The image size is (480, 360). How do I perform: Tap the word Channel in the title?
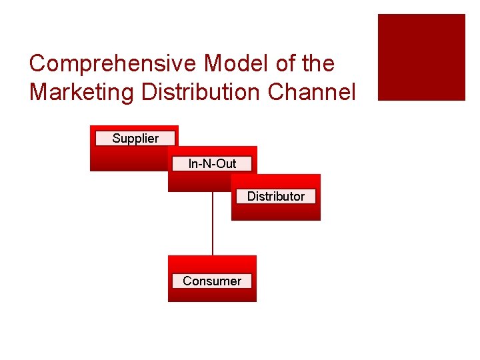point(312,92)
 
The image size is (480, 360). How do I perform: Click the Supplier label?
point(135,139)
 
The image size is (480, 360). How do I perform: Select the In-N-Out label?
point(212,163)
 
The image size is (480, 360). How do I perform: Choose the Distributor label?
point(275,196)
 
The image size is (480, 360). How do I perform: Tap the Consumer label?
point(212,281)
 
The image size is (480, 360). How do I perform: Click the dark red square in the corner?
point(421,57)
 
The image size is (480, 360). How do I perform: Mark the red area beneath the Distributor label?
point(275,212)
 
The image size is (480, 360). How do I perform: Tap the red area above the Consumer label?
point(212,264)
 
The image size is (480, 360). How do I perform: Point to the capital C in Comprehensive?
point(37,64)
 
